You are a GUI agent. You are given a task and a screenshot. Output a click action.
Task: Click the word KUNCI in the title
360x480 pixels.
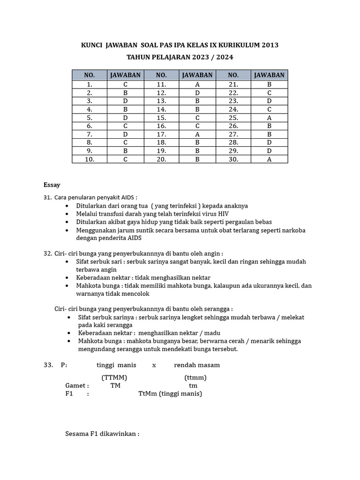tap(92, 45)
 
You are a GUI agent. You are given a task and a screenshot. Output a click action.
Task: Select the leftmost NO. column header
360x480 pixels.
tap(90, 75)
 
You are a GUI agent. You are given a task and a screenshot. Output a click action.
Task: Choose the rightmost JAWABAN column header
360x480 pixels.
tap(269, 75)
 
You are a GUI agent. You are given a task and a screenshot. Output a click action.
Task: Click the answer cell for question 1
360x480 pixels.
tap(125, 85)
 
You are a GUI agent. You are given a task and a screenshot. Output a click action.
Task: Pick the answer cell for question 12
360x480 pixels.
tap(197, 93)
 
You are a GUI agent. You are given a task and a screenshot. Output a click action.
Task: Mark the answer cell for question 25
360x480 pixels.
tap(269, 118)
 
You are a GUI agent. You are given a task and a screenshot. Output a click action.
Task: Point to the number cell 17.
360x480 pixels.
tap(161, 135)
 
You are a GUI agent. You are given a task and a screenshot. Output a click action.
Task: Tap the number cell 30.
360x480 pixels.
tap(233, 159)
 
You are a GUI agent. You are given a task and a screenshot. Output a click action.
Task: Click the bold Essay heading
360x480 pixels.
tap(52, 185)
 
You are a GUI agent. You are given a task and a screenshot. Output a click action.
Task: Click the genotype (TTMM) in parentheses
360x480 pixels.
tap(114, 377)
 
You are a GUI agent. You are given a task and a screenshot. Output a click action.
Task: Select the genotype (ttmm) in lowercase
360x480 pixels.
tap(195, 377)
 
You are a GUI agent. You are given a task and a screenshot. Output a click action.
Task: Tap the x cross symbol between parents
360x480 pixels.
tap(154, 365)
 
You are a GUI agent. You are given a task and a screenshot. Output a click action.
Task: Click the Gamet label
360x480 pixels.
tap(76, 386)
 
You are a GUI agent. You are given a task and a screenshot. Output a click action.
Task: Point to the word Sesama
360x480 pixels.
tap(77, 434)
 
